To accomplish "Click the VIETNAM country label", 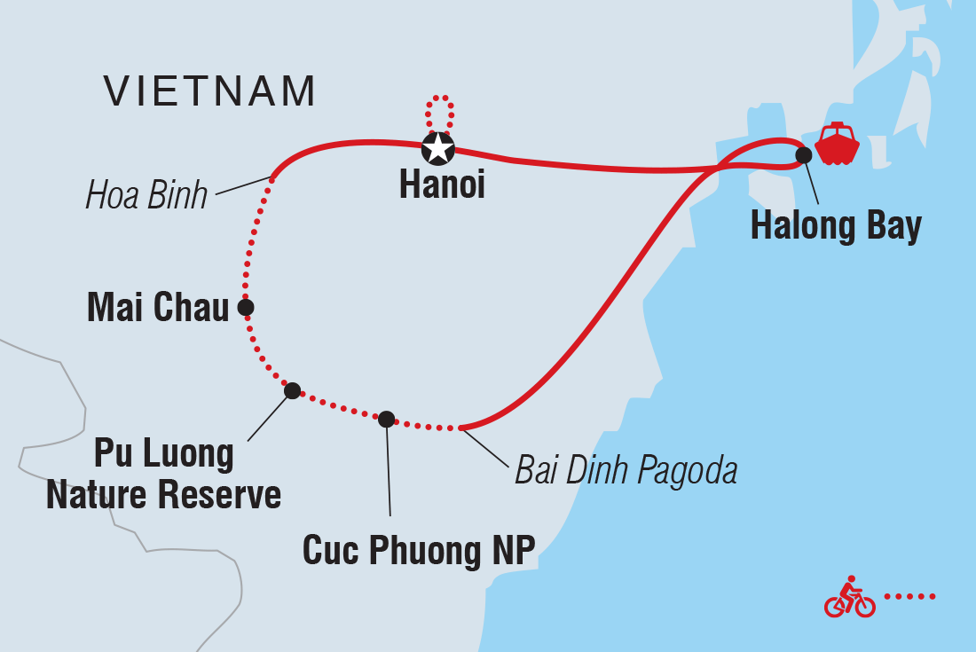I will tap(209, 90).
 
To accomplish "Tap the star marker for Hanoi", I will tap(437, 149).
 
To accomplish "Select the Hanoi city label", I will tap(442, 185).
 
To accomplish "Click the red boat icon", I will tap(837, 145).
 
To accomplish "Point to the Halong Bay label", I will tap(836, 226).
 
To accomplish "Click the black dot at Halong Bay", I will tap(803, 155).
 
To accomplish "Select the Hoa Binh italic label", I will tap(146, 196).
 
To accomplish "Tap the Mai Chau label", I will tap(157, 309).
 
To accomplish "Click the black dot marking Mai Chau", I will tap(246, 307).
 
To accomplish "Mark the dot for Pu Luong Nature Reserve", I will tap(292, 390).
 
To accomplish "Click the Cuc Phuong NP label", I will tap(419, 550).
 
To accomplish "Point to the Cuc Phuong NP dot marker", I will tap(386, 419).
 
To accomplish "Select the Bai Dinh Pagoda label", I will tap(626, 471).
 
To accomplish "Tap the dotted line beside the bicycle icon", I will tap(910, 596).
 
